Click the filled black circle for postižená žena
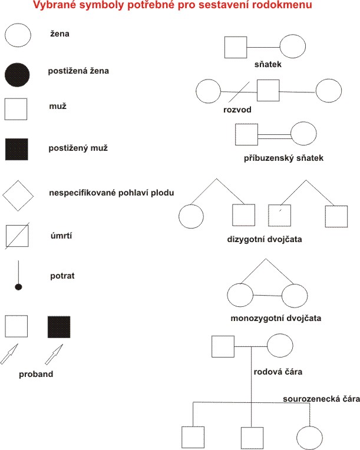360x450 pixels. (17, 74)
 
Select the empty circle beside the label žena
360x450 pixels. (17, 35)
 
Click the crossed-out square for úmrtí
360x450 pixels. (17, 236)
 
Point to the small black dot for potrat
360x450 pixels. (18, 287)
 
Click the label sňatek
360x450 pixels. (267, 64)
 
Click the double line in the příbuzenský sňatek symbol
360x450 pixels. (275, 135)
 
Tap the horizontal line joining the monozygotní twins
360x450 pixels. (267, 295)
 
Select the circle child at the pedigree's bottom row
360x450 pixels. (309, 437)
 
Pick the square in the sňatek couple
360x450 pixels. (236, 48)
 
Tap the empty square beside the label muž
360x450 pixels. (17, 109)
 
